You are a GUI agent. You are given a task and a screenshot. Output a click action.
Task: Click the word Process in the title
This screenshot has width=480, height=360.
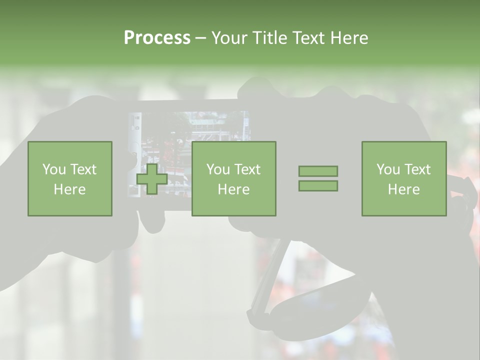157,38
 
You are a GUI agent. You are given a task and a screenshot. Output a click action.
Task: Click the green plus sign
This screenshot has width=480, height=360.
152,179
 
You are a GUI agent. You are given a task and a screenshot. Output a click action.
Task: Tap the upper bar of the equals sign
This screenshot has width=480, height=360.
318,171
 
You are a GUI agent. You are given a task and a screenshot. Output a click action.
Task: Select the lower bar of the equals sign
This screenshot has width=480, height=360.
318,186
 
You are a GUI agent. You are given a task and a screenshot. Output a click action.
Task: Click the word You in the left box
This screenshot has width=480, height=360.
54,169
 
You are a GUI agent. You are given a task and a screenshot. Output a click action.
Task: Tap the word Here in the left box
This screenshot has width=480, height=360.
70,189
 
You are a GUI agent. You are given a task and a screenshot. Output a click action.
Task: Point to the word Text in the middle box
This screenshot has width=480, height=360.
247,169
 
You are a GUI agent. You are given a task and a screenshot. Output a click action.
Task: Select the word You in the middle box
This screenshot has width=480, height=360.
218,169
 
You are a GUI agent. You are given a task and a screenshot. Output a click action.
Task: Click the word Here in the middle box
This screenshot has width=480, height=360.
234,189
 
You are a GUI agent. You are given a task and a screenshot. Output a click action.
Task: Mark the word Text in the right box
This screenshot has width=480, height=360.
417,169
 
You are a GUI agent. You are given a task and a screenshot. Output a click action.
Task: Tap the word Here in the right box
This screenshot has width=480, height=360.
404,189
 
